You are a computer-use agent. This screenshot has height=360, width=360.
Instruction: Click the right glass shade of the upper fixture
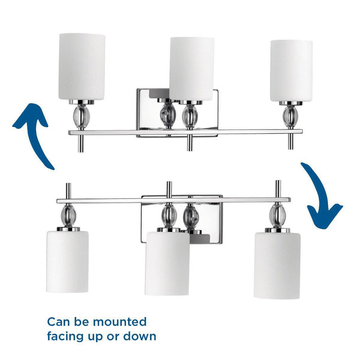click(x=291, y=70)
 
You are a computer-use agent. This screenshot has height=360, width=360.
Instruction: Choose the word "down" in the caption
click(x=139, y=337)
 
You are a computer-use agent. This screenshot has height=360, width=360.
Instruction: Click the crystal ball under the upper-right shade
click(x=289, y=115)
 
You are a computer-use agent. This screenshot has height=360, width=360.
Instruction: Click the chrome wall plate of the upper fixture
click(x=149, y=108)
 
